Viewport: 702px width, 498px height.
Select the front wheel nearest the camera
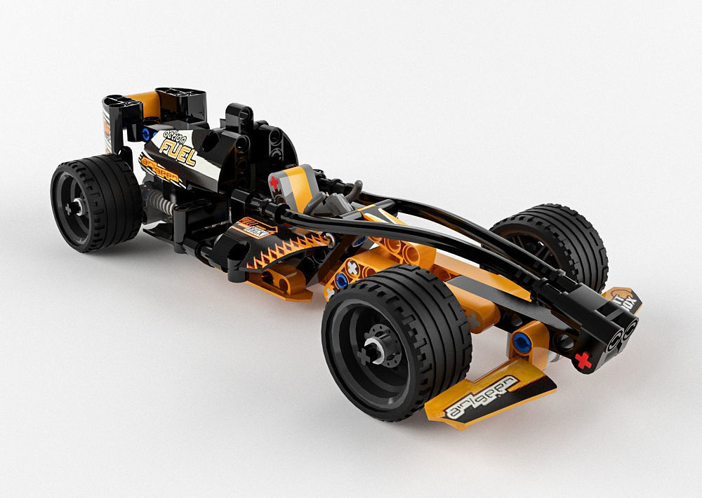397,342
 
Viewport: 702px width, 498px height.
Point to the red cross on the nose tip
582,361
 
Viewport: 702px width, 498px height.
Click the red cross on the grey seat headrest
274,184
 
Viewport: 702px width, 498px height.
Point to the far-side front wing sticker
623,299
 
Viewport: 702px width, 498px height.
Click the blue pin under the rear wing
146,133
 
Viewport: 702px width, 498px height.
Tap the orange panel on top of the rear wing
144,102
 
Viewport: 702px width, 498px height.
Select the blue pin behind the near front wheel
341,281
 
